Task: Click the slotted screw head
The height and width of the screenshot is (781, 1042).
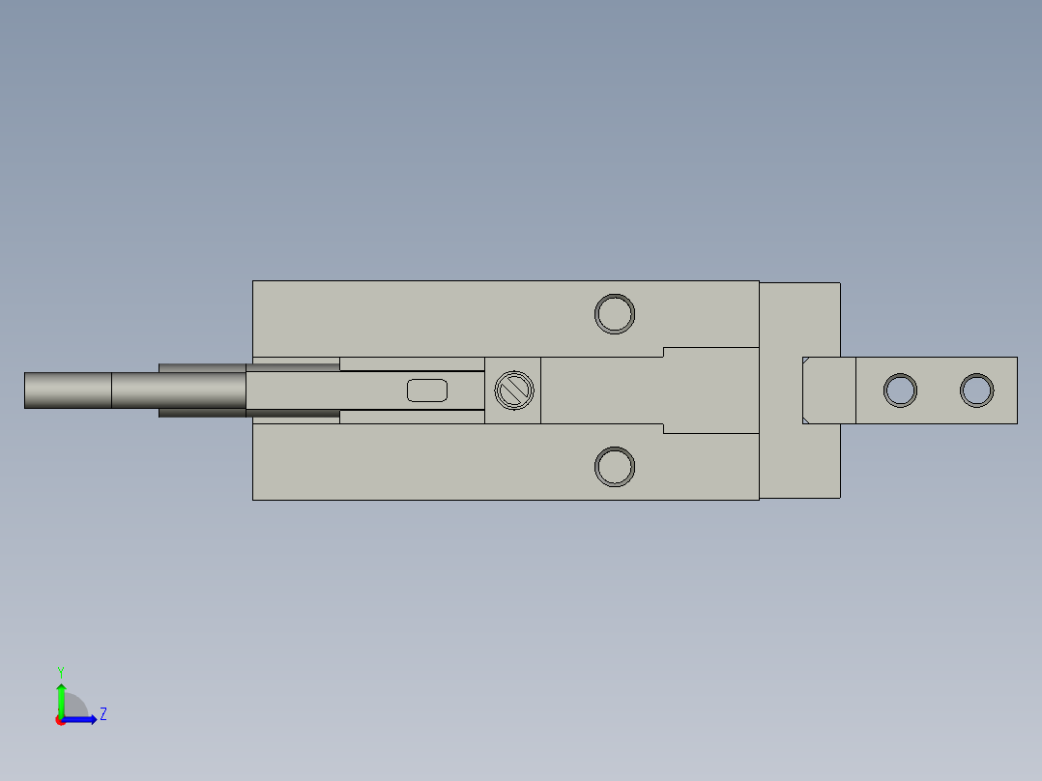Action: (x=513, y=390)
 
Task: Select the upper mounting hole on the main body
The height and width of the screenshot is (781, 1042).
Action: (x=615, y=314)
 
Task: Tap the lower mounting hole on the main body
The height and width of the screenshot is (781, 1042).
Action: (x=615, y=467)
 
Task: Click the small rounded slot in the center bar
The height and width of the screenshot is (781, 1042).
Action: (x=427, y=390)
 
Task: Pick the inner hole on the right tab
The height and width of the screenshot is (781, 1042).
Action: (x=901, y=390)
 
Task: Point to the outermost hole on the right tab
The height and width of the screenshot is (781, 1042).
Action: (x=977, y=390)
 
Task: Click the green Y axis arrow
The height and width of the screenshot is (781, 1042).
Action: (x=61, y=696)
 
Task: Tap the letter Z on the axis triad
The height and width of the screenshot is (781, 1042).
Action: (x=102, y=715)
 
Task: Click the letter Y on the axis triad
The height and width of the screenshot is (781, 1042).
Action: (x=60, y=671)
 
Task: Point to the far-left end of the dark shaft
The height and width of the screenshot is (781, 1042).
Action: (x=27, y=390)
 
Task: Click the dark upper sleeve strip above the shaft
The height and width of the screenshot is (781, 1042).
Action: (x=203, y=368)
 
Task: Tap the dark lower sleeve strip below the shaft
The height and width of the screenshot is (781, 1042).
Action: (x=203, y=413)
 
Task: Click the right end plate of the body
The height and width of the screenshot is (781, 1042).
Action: (x=799, y=319)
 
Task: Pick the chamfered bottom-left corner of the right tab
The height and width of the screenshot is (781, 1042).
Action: (x=805, y=419)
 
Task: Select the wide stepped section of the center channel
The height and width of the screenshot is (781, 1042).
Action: (x=710, y=390)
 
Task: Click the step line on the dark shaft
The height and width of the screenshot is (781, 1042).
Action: (x=111, y=390)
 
